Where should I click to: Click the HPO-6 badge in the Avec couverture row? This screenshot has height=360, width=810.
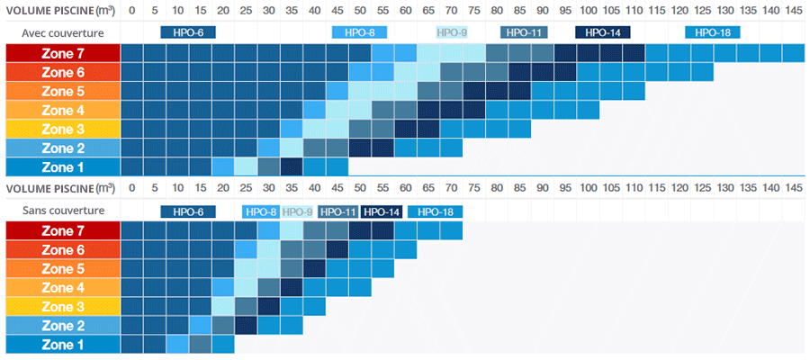pos(188,32)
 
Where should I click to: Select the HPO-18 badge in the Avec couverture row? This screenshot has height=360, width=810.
pos(712,32)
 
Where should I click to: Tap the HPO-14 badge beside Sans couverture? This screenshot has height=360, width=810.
pos(382,211)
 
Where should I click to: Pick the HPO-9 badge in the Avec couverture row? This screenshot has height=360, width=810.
pos(452,32)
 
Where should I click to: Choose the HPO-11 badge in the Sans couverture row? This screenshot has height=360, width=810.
pos(337,211)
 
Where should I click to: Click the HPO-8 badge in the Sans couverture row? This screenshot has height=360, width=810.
pos(260,211)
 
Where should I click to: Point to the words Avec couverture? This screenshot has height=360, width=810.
pos(62,32)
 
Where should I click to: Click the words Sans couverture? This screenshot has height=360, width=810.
pos(62,211)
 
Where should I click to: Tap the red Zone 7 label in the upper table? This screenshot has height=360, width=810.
pos(62,52)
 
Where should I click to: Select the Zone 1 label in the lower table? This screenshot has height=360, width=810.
pos(62,344)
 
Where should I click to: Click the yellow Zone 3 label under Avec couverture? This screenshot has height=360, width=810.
pos(62,129)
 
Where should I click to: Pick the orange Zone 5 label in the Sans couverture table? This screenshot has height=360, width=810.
pos(62,268)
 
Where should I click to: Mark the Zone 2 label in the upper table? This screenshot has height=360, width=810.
pos(62,148)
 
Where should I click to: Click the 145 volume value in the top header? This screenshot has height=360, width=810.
pos(793,10)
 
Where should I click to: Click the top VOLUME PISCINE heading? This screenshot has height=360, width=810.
pos(59,10)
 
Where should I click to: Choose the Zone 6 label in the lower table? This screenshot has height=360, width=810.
pos(62,249)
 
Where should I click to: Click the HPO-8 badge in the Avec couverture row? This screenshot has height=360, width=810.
pos(359,32)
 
